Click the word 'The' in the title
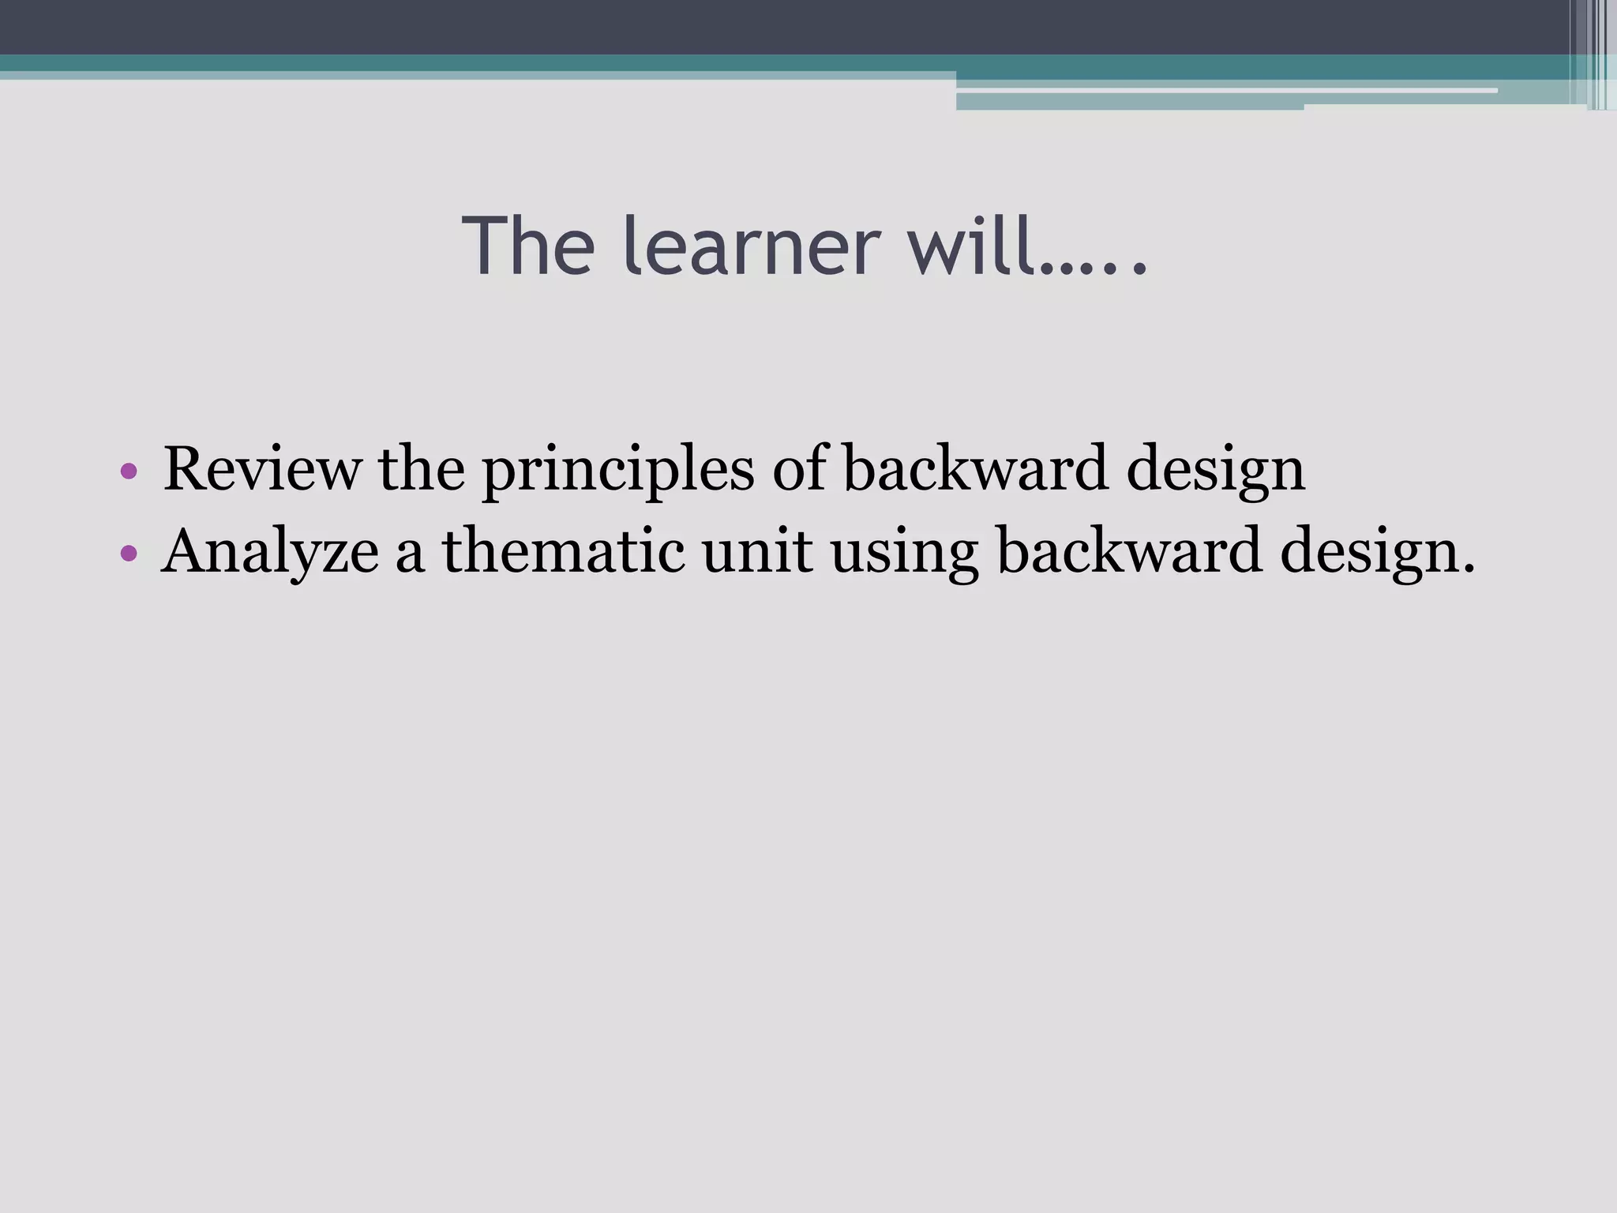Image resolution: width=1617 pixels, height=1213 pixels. tap(528, 246)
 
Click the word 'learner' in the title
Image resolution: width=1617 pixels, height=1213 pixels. tap(751, 246)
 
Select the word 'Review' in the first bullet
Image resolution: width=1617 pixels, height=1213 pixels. tap(261, 469)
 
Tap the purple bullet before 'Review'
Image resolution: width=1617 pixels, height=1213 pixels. tap(129, 472)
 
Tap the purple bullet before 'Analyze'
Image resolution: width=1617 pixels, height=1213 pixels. tap(129, 553)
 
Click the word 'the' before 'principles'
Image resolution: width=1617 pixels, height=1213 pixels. tap(421, 469)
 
